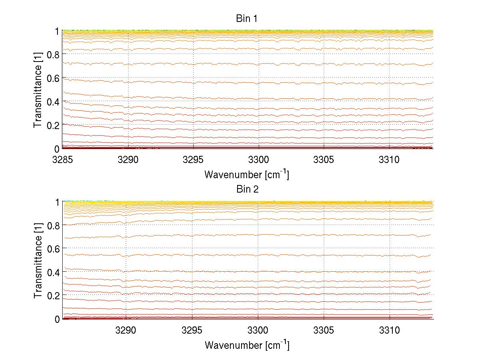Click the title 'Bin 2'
click(x=247, y=189)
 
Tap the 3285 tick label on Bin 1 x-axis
click(x=63, y=160)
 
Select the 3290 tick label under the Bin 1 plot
click(x=128, y=160)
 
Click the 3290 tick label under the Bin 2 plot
click(x=126, y=330)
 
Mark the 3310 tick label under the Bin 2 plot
click(x=390, y=330)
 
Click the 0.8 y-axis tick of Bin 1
click(x=53, y=54)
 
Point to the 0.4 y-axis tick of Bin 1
click(x=53, y=101)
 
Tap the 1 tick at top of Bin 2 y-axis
click(x=57, y=202)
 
